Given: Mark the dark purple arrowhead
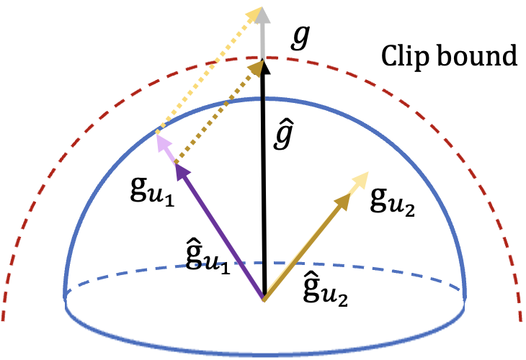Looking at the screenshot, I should pyautogui.click(x=182, y=173).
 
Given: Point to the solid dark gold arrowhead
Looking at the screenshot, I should pyautogui.click(x=342, y=202).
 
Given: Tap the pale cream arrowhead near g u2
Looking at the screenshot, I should pyautogui.click(x=360, y=181).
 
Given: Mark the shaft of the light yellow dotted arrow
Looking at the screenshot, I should pyautogui.click(x=205, y=75).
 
